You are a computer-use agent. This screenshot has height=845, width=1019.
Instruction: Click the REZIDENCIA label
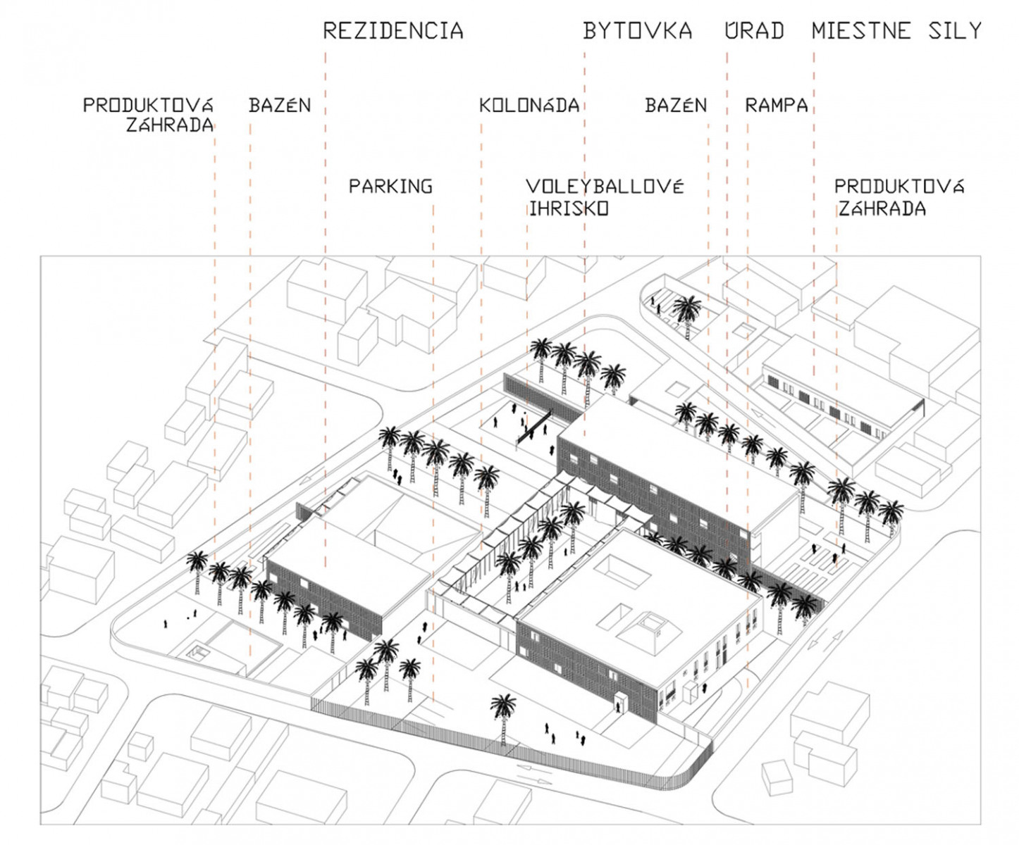pyautogui.click(x=393, y=31)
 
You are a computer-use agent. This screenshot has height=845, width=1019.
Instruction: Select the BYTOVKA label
pyautogui.click(x=637, y=31)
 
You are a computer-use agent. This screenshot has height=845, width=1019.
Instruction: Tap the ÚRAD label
pyautogui.click(x=754, y=31)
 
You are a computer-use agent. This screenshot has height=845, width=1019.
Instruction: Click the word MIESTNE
pyautogui.click(x=860, y=31)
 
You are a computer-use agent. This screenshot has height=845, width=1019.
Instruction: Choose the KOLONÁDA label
pyautogui.click(x=529, y=106)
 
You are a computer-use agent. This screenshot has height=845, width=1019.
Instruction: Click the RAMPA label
pyautogui.click(x=776, y=106)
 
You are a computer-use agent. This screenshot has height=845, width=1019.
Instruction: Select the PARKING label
pyautogui.click(x=390, y=187)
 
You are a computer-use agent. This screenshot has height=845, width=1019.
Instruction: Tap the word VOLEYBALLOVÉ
pyautogui.click(x=605, y=187)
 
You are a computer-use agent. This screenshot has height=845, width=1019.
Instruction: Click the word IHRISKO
pyautogui.click(x=569, y=208)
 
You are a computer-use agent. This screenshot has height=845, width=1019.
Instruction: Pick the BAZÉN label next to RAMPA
pyautogui.click(x=675, y=106)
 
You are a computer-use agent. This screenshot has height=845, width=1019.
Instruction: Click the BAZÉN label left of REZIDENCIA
pyautogui.click(x=279, y=106)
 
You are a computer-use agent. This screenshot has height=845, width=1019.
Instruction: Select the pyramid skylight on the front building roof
pyautogui.click(x=652, y=627)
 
